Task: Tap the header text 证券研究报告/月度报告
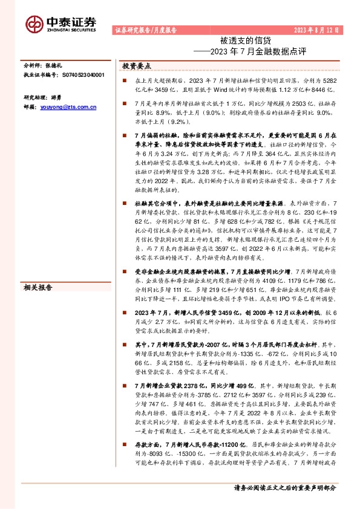145,30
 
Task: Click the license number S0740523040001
83,75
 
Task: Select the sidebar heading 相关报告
38,287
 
